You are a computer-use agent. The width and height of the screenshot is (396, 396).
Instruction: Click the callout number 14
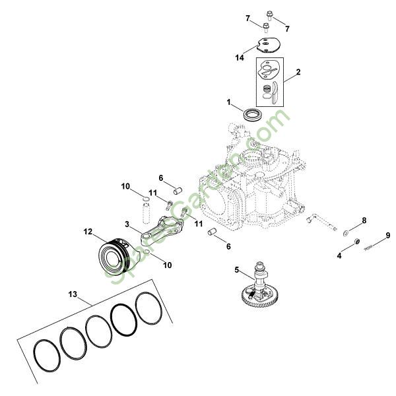coord(240,58)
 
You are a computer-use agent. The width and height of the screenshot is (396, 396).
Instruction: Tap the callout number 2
coord(298,72)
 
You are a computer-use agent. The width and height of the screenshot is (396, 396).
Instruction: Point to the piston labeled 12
coord(117,257)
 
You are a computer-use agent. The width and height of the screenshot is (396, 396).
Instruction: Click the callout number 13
coord(73,294)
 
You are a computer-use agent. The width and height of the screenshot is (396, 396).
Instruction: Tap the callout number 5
coord(236,270)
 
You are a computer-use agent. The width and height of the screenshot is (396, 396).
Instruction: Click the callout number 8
coord(364,220)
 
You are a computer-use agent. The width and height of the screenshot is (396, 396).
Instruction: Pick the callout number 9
coord(388,236)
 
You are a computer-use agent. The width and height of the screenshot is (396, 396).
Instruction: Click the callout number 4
coord(339,256)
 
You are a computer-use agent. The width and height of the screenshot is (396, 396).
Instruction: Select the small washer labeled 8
coord(345,233)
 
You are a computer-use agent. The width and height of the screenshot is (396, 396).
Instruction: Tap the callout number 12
coord(88,232)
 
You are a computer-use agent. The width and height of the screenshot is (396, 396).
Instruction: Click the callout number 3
coord(127,224)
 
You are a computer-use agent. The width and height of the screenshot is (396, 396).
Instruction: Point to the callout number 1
coord(228,102)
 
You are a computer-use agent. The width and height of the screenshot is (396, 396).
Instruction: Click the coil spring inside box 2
coord(267,88)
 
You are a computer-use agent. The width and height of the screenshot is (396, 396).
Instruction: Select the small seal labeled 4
coord(357,241)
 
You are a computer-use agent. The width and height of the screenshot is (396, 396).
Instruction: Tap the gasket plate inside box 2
coord(269,68)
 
